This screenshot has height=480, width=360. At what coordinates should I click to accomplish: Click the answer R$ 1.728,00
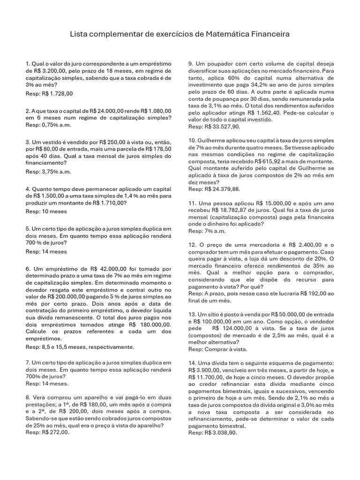click(57, 94)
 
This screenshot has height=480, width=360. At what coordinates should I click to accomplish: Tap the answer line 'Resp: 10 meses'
click(46, 211)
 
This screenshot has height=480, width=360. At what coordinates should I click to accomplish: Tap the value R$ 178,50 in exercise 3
click(156, 149)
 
